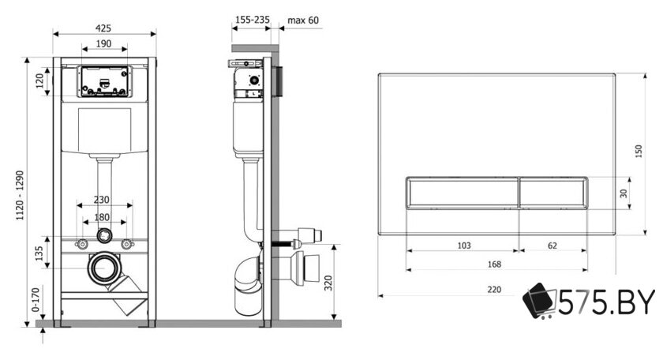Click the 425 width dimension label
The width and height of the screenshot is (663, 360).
click(103, 28)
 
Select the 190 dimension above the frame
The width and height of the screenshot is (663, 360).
click(103, 43)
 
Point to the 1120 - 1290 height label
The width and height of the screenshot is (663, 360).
click(21, 196)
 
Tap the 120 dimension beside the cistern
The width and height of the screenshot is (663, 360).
click(39, 81)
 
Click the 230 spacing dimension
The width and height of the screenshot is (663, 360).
click(102, 200)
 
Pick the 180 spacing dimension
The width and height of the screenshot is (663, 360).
click(102, 217)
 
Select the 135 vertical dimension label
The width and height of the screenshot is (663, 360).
click(39, 253)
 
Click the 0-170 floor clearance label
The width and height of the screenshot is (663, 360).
click(36, 300)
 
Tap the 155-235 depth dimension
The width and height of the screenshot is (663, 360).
click(253, 20)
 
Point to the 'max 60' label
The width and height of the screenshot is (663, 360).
click(303, 20)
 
